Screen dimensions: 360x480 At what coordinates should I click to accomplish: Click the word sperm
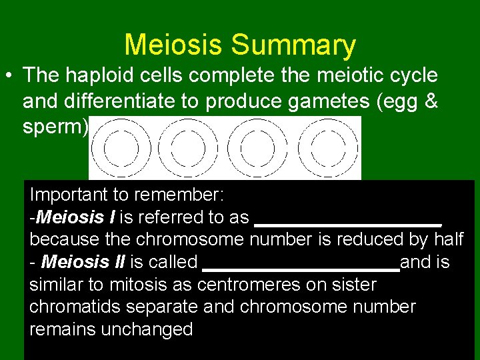click(x=51, y=127)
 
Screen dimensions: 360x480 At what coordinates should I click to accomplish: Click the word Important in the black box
click(x=71, y=195)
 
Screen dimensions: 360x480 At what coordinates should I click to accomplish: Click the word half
click(x=448, y=239)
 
